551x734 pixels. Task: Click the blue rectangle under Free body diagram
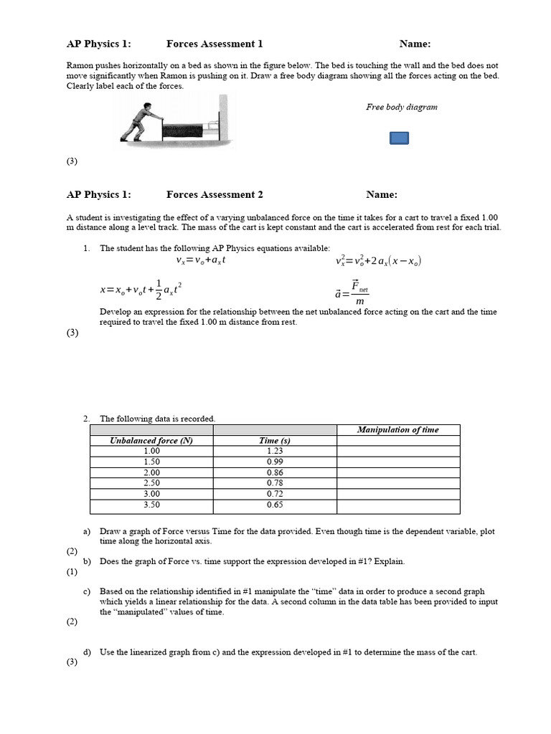(399, 138)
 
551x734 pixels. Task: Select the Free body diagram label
(401, 107)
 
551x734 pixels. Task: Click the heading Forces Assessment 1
(215, 44)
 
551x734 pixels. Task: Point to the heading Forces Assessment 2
(215, 194)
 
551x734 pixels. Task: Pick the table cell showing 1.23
(275, 451)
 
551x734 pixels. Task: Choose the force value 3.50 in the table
(151, 505)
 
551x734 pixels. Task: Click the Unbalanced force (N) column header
(151, 441)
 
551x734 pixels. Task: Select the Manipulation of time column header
(397, 429)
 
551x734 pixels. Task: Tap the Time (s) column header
(275, 441)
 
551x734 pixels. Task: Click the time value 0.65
(275, 505)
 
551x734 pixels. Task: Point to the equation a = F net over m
(352, 292)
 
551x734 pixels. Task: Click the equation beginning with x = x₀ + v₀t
(141, 289)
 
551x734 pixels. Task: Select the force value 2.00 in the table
(151, 472)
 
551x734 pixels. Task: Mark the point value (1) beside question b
(72, 572)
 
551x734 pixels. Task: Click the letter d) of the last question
(87, 652)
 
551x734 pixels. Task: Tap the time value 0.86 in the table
(275, 472)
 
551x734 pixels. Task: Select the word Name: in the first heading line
(415, 44)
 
